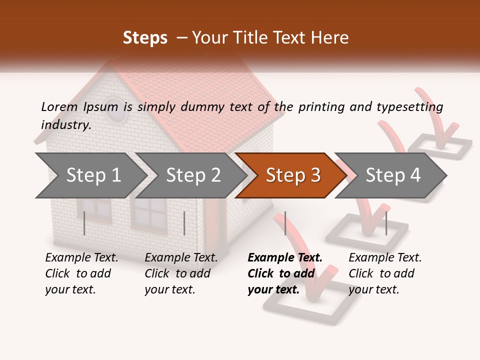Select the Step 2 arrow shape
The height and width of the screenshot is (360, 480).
click(x=192, y=175)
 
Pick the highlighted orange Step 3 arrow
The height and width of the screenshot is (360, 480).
click(x=292, y=175)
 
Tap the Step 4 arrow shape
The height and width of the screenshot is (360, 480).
click(x=392, y=175)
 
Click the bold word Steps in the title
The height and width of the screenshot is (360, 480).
click(x=145, y=38)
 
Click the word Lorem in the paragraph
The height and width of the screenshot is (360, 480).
click(x=59, y=106)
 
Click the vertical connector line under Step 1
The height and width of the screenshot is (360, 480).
click(x=84, y=223)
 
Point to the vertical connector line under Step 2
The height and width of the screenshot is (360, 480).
click(x=184, y=223)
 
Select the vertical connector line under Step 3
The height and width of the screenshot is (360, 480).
click(x=285, y=223)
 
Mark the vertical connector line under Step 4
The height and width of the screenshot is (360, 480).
click(x=386, y=223)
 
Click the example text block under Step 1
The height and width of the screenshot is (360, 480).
click(x=81, y=273)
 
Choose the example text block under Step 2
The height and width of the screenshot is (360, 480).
click(x=181, y=273)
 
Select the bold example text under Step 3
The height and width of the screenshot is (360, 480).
click(x=285, y=273)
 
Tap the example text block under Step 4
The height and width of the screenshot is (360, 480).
click(x=385, y=273)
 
